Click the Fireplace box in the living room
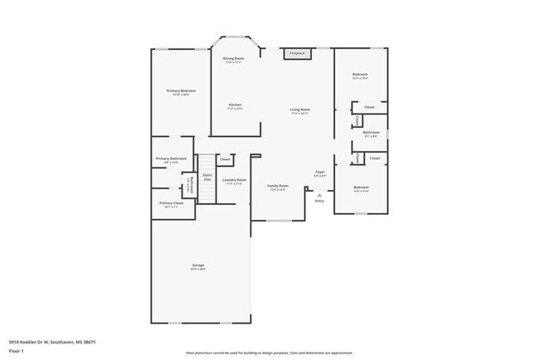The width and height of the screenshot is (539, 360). click(296, 53)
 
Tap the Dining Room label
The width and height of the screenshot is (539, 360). click(234, 58)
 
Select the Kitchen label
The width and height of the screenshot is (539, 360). click(235, 105)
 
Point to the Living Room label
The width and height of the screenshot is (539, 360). click(299, 109)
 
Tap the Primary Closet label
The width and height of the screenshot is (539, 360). click(172, 202)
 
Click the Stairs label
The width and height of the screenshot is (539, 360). click(207, 175)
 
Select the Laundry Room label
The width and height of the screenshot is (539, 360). click(234, 180)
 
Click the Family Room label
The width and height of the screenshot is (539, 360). click(278, 185)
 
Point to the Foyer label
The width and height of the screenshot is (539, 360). click(319, 173)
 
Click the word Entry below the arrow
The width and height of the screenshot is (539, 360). click(319, 201)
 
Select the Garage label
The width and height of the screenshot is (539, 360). click(197, 265)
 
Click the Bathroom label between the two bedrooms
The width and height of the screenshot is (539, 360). click(371, 132)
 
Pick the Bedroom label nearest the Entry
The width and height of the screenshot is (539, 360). click(361, 187)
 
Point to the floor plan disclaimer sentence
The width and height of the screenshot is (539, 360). click(269, 352)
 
